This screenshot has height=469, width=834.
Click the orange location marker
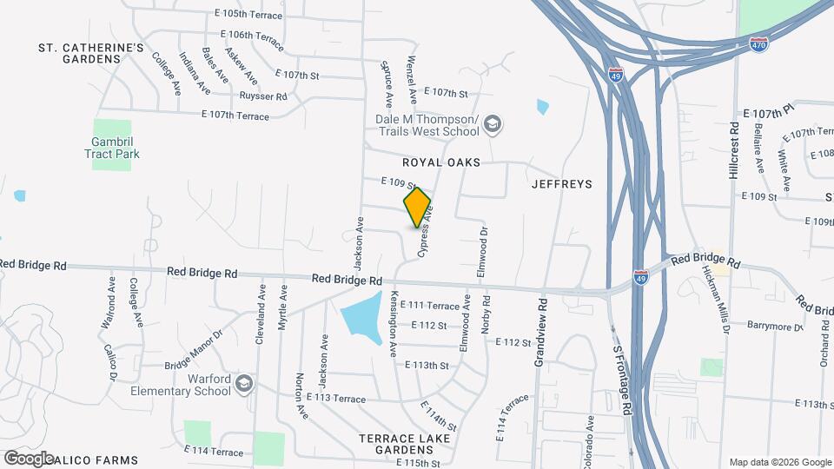point(417,208)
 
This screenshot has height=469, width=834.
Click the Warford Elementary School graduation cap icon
point(245,383)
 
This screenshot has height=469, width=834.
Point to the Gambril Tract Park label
point(112,148)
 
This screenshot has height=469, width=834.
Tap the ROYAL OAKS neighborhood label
point(440,162)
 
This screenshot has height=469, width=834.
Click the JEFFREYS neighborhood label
point(561,184)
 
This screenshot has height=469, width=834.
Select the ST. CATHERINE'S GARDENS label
point(90,53)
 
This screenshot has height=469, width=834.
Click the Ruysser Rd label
point(262,96)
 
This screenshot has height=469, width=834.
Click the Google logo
point(29,458)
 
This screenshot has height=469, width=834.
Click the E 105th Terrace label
point(248,15)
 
